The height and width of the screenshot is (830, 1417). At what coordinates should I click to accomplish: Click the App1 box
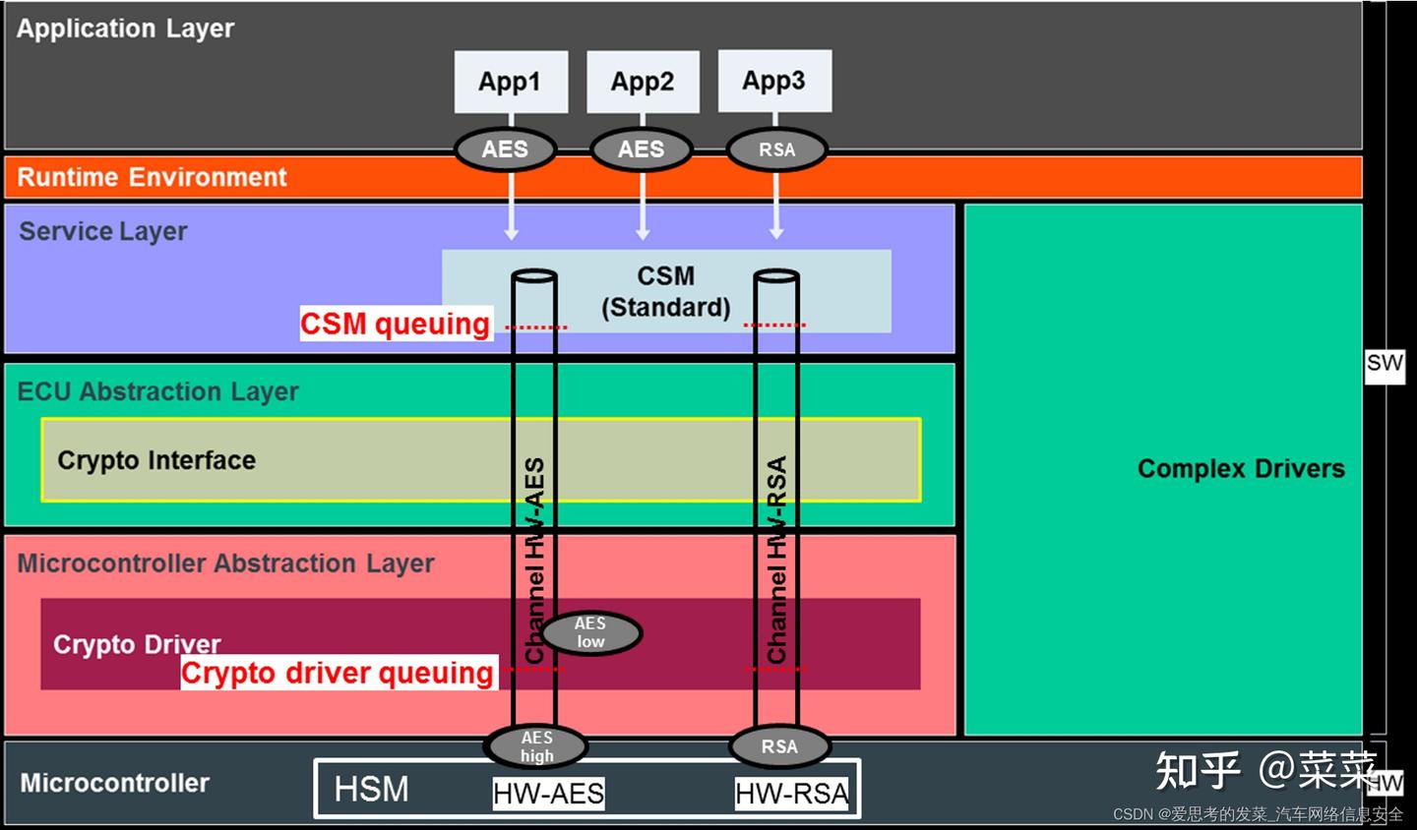511,82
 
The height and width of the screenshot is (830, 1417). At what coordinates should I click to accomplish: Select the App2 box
643,82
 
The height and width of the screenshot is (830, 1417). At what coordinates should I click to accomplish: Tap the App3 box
774,81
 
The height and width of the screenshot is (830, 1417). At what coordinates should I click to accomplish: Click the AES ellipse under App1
505,149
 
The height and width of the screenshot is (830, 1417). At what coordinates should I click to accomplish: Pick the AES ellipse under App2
641,149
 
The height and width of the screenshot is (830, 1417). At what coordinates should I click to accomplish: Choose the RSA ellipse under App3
776,149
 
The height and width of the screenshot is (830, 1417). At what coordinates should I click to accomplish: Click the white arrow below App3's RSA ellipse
776,207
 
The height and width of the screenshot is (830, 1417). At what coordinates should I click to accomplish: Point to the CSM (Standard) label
666,291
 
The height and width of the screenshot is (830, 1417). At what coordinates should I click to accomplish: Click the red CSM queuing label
396,324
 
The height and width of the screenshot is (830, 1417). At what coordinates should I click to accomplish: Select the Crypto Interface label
156,460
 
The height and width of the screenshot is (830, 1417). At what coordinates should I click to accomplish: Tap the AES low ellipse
590,632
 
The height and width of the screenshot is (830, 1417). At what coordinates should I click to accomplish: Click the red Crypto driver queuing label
338,674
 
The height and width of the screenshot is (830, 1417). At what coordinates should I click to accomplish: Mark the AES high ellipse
536,746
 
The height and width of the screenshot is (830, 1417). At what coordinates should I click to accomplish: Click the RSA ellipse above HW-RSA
779,746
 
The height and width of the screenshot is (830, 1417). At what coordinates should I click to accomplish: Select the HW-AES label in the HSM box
548,794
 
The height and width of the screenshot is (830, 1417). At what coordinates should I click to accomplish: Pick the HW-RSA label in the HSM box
791,794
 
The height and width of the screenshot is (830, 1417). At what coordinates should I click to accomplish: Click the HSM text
371,789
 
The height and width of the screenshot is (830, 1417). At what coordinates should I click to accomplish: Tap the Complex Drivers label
1241,469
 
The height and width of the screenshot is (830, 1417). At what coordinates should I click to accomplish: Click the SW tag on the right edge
1384,364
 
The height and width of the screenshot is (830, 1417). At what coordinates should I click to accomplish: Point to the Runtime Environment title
153,177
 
